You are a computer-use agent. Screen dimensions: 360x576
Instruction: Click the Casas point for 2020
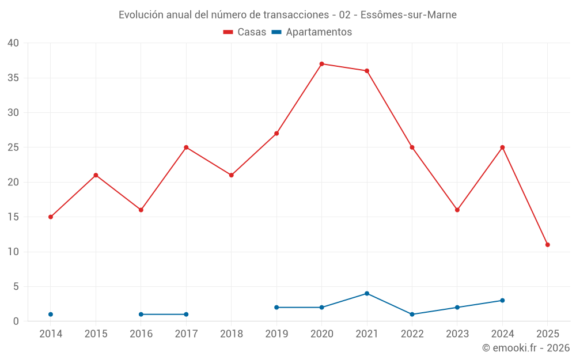coord(321,64)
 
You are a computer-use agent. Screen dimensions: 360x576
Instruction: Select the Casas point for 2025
coord(547,245)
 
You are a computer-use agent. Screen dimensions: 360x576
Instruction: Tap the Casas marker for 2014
coord(51,217)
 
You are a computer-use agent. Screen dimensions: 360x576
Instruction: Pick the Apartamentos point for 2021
coord(367,294)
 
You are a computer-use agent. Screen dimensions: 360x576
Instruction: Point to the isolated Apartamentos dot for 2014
coord(51,314)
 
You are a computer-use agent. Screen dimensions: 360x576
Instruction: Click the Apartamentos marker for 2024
coord(502,301)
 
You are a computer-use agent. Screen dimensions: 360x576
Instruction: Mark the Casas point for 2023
coord(457,210)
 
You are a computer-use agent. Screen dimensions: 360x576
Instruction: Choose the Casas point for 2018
coord(231,175)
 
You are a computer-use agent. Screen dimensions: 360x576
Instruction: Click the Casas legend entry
coord(245,32)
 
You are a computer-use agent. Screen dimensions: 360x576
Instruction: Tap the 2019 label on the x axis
coord(276,334)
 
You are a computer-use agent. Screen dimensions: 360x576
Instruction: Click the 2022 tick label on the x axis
coord(412,334)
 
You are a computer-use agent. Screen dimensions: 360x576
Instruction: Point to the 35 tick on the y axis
coord(13,78)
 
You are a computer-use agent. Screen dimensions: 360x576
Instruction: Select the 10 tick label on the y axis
coord(13,252)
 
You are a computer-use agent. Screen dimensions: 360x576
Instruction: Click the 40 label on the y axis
coord(13,43)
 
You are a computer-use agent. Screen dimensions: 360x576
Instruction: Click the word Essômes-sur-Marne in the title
coord(412,15)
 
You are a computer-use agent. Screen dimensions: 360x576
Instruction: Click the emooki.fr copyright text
coord(525,348)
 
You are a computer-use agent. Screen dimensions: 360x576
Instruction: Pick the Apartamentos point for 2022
coord(412,314)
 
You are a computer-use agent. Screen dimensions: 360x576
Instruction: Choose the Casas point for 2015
coord(96,175)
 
